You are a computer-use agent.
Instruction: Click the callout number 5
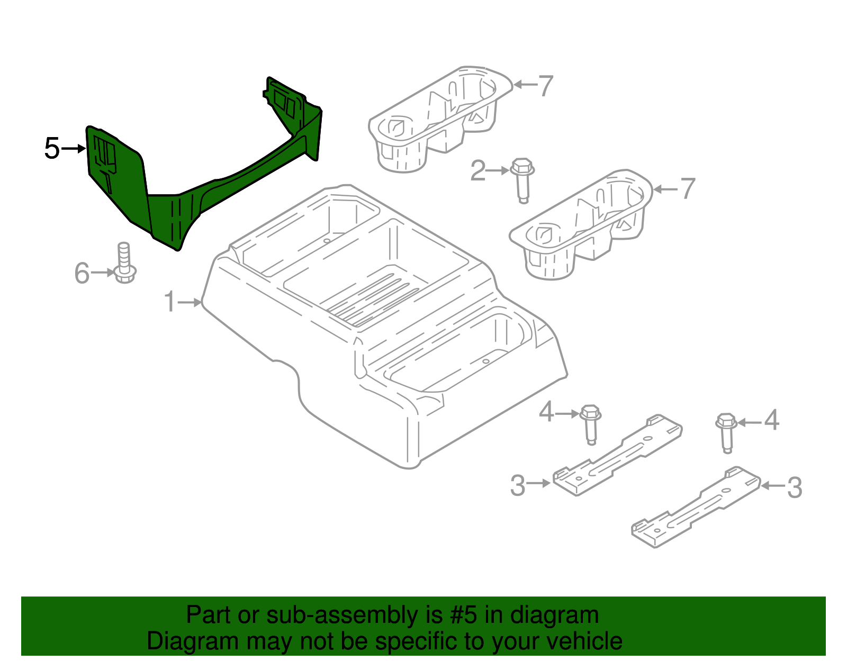(x=52, y=148)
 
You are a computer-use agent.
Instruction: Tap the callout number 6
(x=82, y=273)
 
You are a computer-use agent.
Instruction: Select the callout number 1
(x=169, y=302)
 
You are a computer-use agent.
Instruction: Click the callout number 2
(x=477, y=171)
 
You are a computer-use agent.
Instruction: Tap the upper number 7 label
(x=546, y=85)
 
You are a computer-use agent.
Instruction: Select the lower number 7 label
(x=688, y=188)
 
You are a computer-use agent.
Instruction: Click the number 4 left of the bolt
(x=546, y=412)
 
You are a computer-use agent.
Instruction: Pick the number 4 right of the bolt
(x=772, y=421)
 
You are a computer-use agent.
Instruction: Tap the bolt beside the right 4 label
(x=726, y=432)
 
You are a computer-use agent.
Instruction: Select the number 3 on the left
(x=517, y=485)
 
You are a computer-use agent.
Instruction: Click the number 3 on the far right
(x=795, y=487)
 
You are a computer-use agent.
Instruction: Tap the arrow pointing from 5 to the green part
(x=74, y=149)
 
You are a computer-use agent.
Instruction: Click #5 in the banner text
(x=464, y=615)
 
